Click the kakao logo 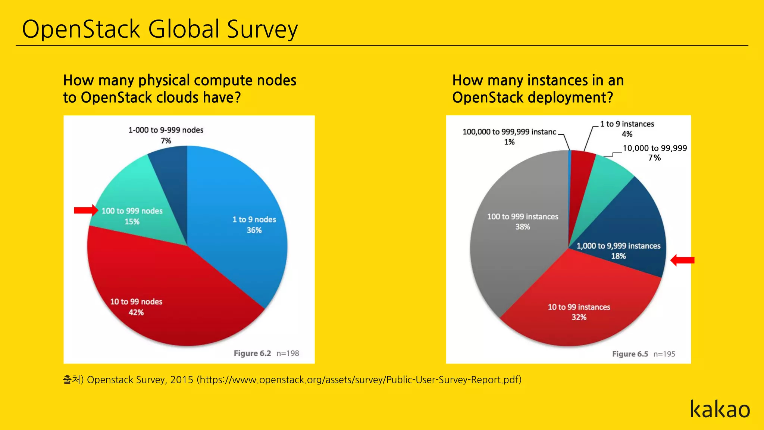click(x=720, y=409)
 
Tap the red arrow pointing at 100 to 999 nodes click(x=86, y=210)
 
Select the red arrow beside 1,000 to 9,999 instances click(x=683, y=260)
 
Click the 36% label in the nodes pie click(x=254, y=230)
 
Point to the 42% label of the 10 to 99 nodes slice click(x=136, y=312)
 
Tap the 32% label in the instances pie click(x=579, y=317)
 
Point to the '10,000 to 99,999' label click(x=655, y=148)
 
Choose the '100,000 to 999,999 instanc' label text click(x=509, y=132)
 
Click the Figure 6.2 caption click(x=252, y=353)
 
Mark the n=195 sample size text click(x=664, y=354)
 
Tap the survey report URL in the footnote click(x=360, y=380)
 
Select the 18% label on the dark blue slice click(x=618, y=256)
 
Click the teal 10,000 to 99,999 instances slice click(x=606, y=183)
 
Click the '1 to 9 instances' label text click(x=627, y=124)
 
